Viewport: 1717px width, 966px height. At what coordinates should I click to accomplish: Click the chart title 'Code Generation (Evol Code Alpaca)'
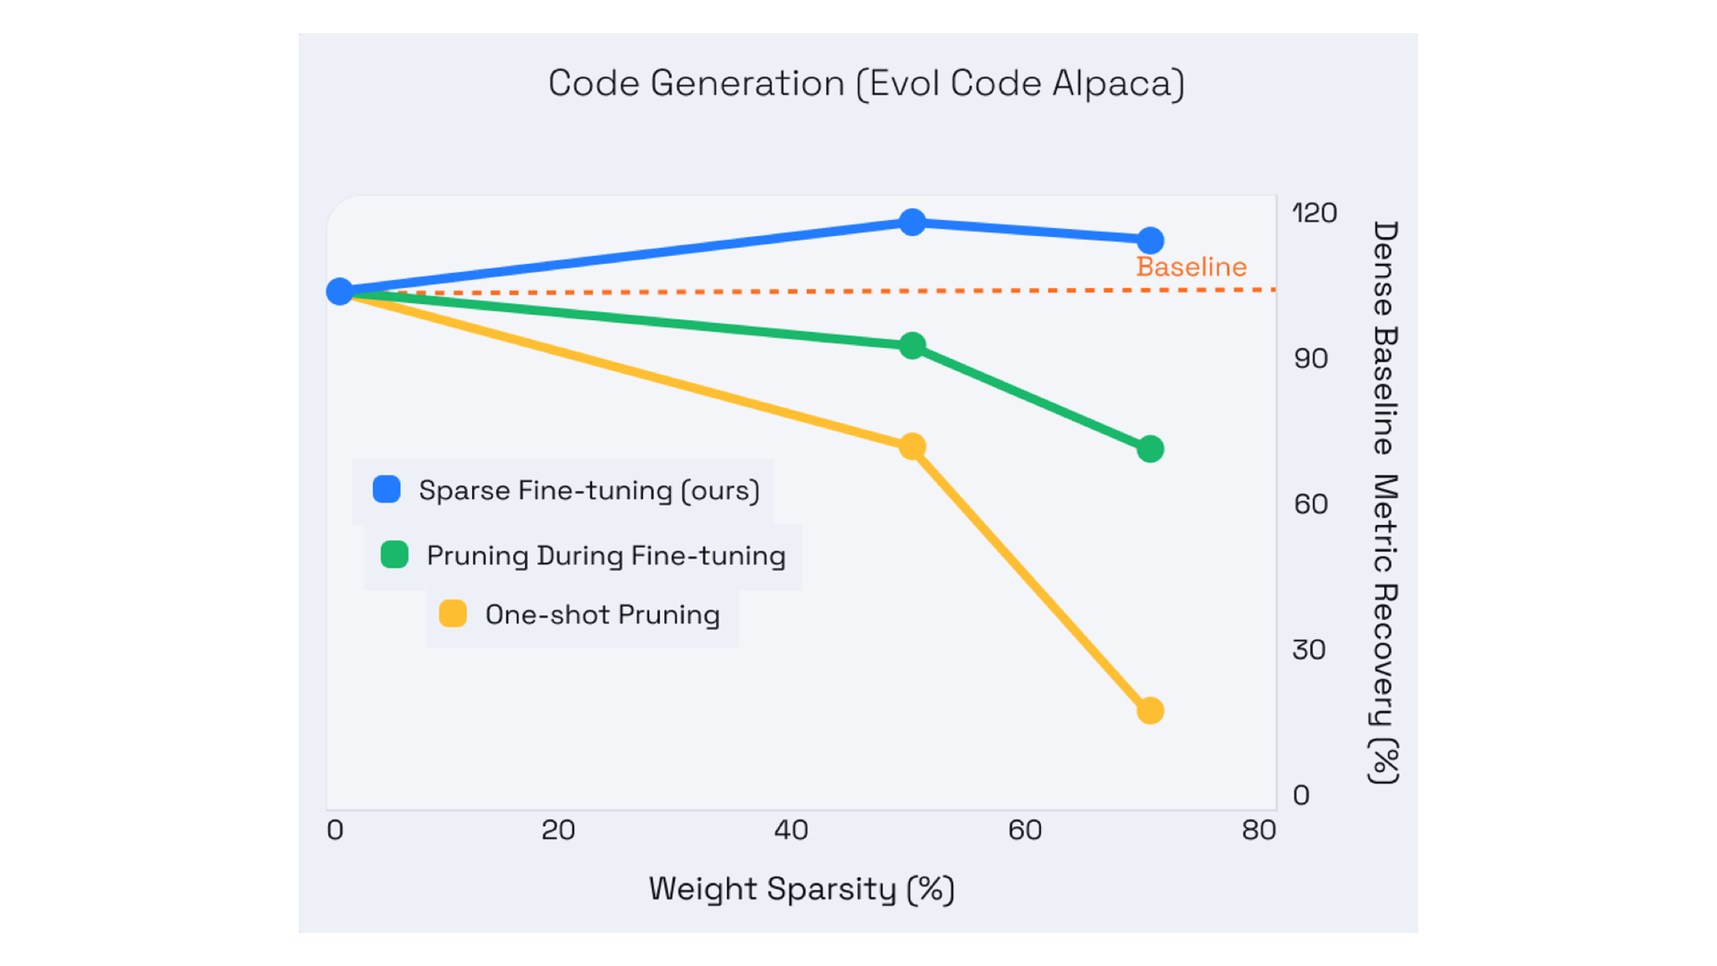[865, 84]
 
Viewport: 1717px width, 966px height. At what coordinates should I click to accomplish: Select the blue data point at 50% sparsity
[912, 223]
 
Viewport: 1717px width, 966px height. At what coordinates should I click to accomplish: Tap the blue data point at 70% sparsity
[1150, 241]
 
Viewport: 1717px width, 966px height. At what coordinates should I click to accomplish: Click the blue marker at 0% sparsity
[339, 291]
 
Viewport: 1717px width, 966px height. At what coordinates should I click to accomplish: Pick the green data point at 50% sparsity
[912, 345]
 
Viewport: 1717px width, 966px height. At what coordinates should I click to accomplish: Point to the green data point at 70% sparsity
[1150, 449]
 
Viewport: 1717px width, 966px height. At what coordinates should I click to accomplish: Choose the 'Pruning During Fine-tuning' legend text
[606, 555]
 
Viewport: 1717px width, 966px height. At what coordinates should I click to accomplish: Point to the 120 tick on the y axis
[1314, 213]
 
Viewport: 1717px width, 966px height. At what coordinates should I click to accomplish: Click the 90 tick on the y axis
[1311, 359]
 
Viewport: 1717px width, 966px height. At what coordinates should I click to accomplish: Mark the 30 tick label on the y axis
[1309, 650]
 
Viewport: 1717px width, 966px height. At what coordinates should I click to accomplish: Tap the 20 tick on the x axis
[558, 830]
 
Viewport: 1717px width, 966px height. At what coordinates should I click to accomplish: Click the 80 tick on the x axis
[1258, 830]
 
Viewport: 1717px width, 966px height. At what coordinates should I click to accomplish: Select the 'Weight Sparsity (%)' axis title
[802, 890]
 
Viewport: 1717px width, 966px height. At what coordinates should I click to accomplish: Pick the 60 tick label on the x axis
[1024, 830]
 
